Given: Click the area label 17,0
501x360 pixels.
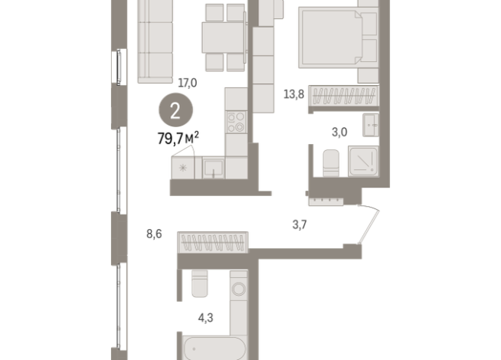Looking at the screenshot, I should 188,83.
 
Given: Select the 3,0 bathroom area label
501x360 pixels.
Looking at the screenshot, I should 339,132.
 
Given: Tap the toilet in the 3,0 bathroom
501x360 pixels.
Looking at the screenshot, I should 331,162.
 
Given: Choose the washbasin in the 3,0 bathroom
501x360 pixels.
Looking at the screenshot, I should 372,123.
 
